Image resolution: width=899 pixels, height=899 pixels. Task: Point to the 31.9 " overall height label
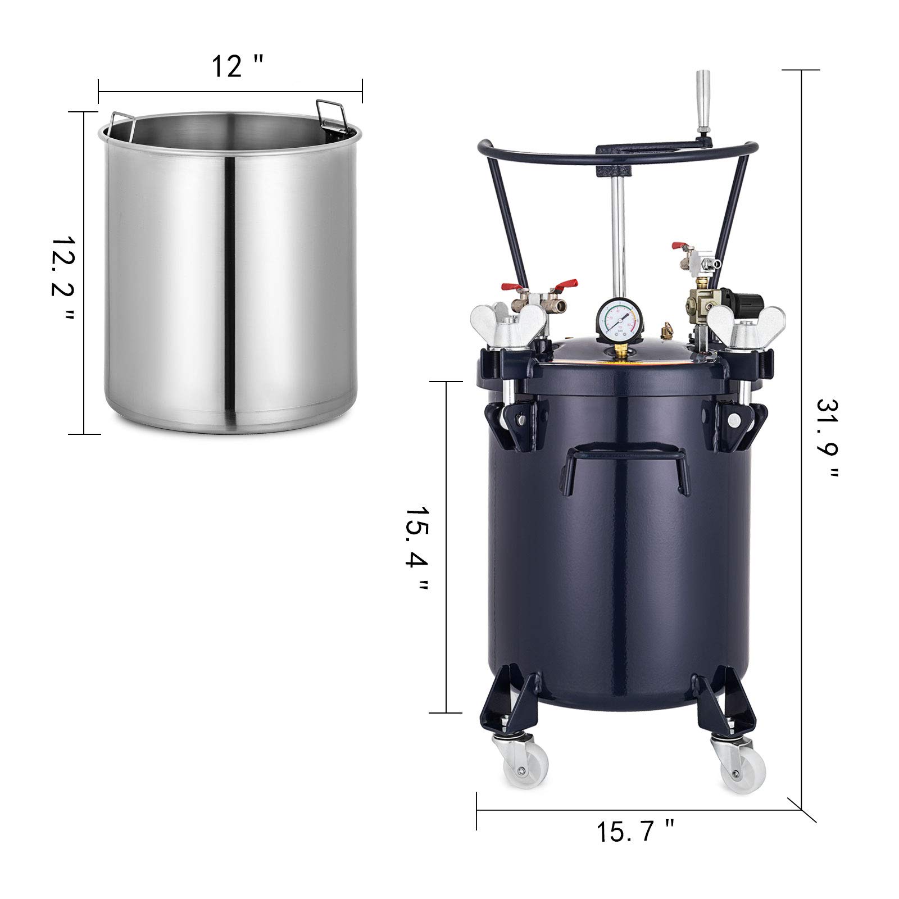click(x=827, y=439)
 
